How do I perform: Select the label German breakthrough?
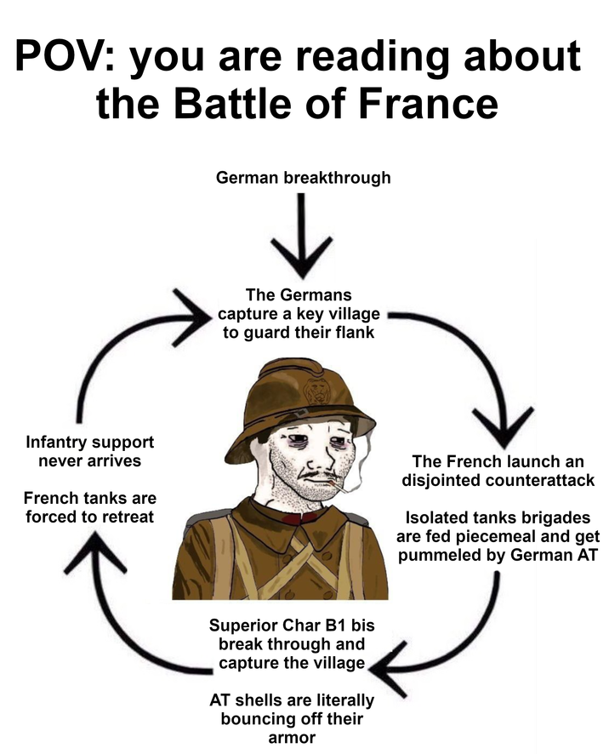point(304,178)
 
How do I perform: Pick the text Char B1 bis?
point(327,625)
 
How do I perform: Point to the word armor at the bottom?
point(292,738)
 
